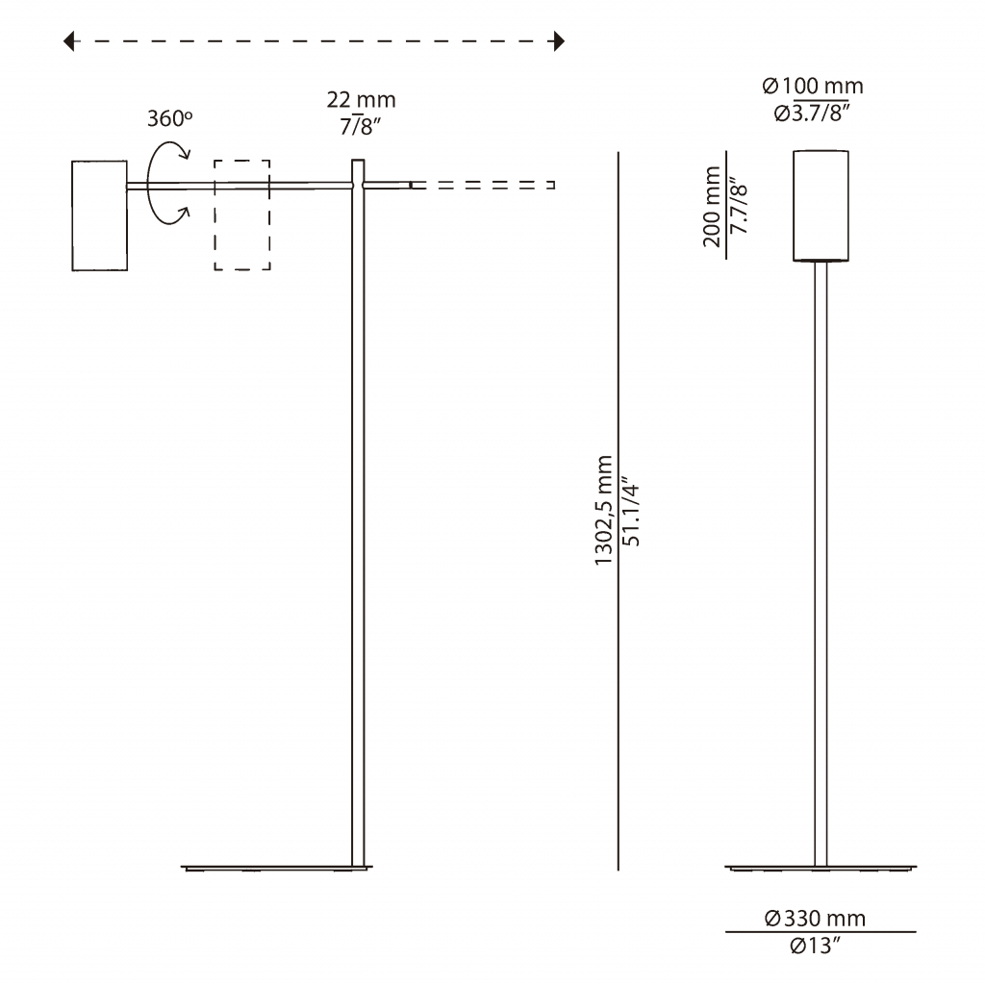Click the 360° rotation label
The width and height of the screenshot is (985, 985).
pyautogui.click(x=169, y=118)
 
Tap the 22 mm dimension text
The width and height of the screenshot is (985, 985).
pyautogui.click(x=362, y=100)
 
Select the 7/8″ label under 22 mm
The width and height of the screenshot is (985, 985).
pyautogui.click(x=361, y=126)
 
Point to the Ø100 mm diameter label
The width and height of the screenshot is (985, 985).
pyautogui.click(x=813, y=86)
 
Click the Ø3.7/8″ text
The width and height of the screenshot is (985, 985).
pyautogui.click(x=812, y=114)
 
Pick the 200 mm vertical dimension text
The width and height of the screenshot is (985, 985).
pyautogui.click(x=712, y=207)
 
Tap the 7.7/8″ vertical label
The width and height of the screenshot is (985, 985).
pyautogui.click(x=740, y=206)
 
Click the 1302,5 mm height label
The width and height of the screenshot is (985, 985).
pyautogui.click(x=604, y=510)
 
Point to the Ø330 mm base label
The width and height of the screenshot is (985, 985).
pyautogui.click(x=815, y=919)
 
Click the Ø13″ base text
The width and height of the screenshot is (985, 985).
pyautogui.click(x=815, y=946)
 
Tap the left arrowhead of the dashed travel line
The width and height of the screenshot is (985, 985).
pyautogui.click(x=68, y=41)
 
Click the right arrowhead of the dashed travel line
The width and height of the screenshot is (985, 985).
pyautogui.click(x=559, y=41)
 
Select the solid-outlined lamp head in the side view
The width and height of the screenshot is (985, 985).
pyautogui.click(x=99, y=215)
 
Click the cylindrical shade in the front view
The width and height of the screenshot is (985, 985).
pyautogui.click(x=821, y=206)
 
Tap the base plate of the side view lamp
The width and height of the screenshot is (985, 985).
pyautogui.click(x=276, y=869)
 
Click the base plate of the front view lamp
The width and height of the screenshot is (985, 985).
pyautogui.click(x=821, y=869)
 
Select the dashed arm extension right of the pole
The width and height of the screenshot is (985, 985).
pyautogui.click(x=483, y=185)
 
